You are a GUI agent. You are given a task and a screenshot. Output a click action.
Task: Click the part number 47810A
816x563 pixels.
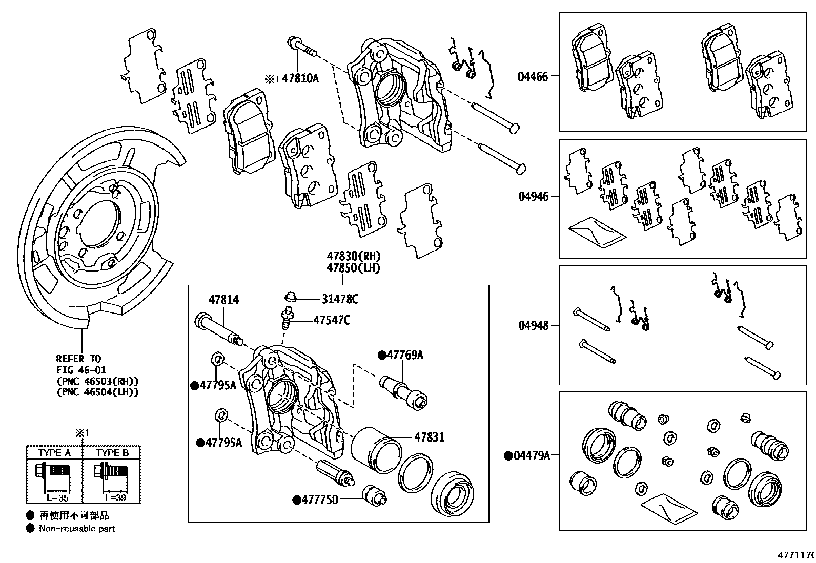300,78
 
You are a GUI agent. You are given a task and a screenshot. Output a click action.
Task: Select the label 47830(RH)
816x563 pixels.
354,256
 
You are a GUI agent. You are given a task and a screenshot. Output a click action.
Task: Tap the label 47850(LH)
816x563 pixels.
354,268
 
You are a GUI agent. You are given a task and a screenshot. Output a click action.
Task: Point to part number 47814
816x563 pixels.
223,300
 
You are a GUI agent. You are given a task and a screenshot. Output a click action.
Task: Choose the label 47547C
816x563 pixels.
332,320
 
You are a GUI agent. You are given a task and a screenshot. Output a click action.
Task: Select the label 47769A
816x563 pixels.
405,355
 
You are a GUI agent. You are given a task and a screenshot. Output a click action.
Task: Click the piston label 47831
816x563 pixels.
429,437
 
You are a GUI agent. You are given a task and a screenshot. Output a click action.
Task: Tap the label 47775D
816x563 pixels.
320,499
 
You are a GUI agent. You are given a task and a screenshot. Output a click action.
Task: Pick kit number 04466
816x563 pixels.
533,77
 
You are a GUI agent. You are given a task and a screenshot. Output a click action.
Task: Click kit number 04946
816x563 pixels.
533,197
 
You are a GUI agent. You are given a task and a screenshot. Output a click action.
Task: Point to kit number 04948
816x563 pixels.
533,325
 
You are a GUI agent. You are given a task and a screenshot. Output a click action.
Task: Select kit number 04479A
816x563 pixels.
531,455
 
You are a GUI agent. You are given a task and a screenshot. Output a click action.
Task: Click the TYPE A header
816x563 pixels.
54,453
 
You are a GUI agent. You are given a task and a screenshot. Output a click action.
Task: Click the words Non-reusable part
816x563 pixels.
77,529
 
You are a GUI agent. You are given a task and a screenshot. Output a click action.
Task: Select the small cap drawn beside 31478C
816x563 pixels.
291,296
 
